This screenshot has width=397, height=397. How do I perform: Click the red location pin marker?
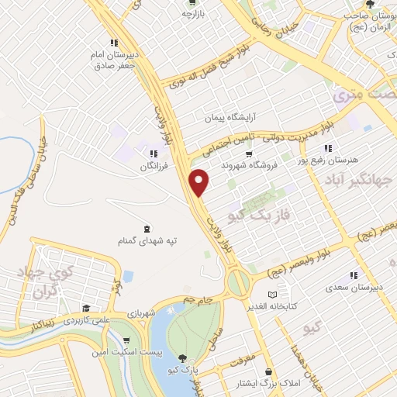[x=200, y=182]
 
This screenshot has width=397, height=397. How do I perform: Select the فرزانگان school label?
[x=154, y=167]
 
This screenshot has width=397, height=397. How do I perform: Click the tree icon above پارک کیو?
[x=181, y=358]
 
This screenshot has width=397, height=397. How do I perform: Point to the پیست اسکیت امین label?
[x=126, y=353]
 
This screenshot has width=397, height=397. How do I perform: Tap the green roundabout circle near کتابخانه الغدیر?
[x=239, y=282]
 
